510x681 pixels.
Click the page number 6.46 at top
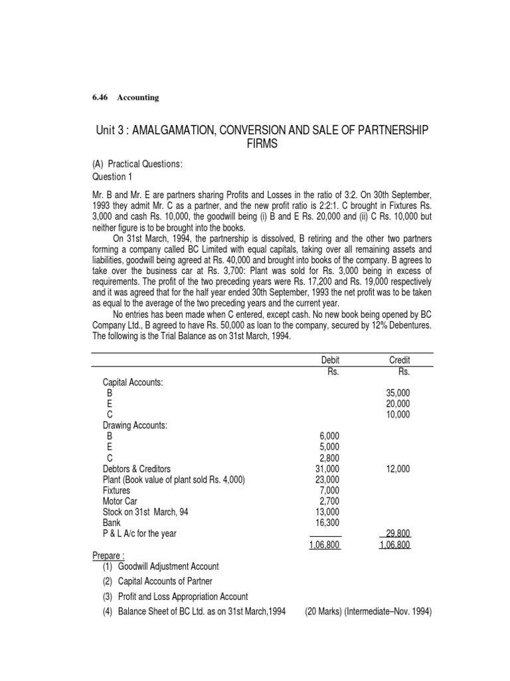click(101, 98)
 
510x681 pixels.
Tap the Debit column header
click(329, 360)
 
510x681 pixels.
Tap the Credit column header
click(399, 360)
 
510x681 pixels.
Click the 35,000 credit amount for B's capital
click(398, 393)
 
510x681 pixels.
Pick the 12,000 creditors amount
click(398, 469)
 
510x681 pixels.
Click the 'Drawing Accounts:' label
click(135, 425)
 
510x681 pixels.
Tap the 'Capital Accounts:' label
click(133, 382)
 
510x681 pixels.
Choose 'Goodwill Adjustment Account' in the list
click(169, 566)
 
